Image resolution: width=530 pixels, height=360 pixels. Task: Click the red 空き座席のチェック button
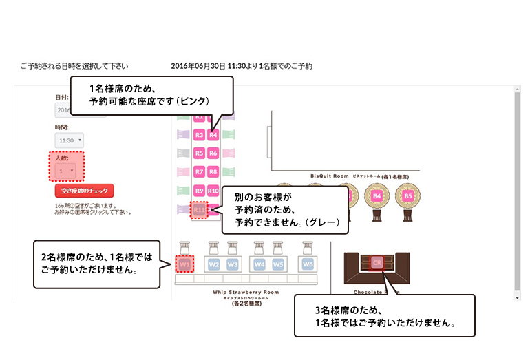[84, 191]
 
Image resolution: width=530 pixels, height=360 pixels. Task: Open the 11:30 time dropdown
[69, 140]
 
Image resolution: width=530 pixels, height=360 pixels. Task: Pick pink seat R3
[199, 135]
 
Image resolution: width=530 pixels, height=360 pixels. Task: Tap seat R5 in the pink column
[199, 153]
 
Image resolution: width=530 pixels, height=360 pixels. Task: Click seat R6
[213, 153]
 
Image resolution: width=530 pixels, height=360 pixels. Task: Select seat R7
[199, 171]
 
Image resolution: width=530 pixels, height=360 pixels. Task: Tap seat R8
[213, 171]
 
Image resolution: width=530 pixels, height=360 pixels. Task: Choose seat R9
[199, 191]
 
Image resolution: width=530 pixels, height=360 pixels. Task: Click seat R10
[213, 191]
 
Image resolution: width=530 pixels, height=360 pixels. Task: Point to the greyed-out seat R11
[199, 209]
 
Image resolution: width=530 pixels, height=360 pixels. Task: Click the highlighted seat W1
[184, 264]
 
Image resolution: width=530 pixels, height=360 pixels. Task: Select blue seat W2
[214, 264]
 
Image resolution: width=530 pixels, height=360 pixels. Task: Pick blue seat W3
[233, 264]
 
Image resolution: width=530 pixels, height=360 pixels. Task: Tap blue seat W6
[307, 264]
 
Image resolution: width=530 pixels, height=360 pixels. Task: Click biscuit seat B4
[377, 196]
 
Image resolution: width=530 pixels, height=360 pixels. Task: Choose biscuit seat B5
[408, 196]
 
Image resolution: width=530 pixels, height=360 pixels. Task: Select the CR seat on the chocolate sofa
[377, 262]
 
